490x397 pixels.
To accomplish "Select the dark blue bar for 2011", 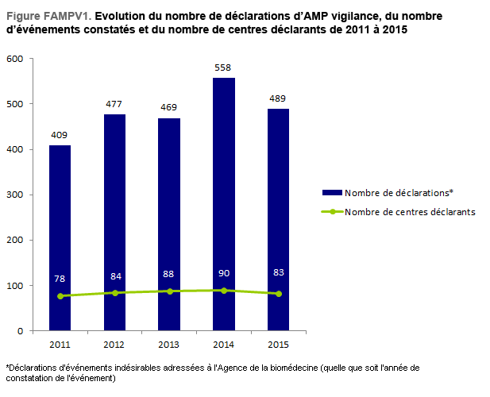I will tap(60, 238).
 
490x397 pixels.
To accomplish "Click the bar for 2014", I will tap(224, 198).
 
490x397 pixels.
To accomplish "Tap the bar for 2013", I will tap(169, 222).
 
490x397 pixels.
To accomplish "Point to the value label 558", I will tap(224, 67).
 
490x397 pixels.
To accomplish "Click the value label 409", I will tap(60, 135).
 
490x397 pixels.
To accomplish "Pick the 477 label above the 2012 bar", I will tap(114, 104).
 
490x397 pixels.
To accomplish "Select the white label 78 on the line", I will tap(60, 279).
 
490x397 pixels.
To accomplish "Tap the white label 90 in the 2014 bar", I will tap(224, 273).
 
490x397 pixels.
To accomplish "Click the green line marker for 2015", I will tap(279, 294).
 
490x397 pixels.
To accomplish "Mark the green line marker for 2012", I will tap(114, 293).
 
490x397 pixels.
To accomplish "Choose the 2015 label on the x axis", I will tap(279, 343).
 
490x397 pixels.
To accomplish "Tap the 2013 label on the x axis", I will tap(169, 343).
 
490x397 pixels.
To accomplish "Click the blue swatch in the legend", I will tap(331, 192).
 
